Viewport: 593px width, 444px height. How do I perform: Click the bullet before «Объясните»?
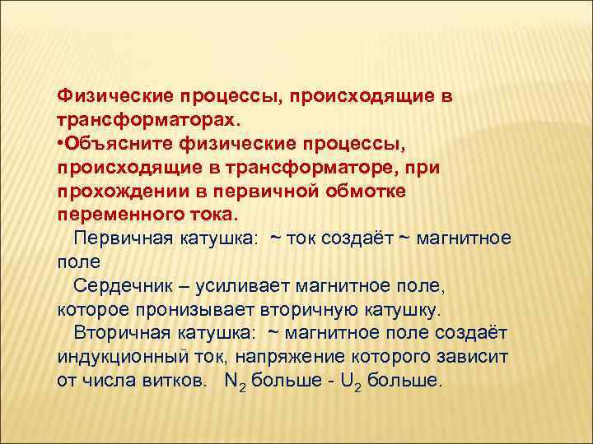click(61, 144)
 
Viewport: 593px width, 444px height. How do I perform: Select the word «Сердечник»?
click(121, 287)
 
